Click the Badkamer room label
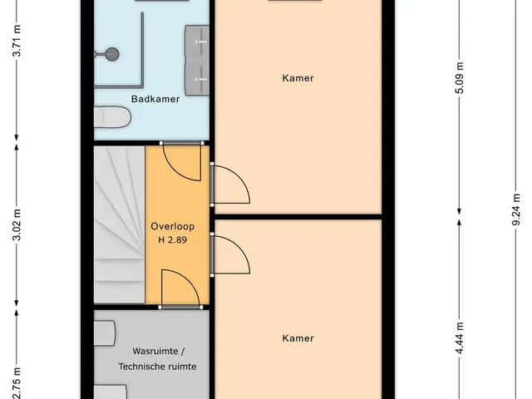pos(155,99)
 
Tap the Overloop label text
pos(172,226)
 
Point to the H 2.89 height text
pos(172,240)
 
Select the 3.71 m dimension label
pos(17,40)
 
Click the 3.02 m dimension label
pos(17,225)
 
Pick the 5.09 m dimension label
pos(460,77)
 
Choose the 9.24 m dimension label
pos(515,209)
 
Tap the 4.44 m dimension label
pos(460,338)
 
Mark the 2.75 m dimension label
pos(17,383)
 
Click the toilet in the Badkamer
pos(112,117)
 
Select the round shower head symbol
pos(111,53)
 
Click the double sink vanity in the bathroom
pos(197,61)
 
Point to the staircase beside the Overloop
pos(120,224)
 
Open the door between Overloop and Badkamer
pos(181,161)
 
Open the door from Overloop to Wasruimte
pos(180,288)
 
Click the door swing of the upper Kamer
pos(230,185)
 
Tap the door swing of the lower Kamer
pos(230,254)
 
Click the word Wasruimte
pos(155,351)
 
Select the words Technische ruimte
pos(157,367)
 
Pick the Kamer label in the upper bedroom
pos(298,78)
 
